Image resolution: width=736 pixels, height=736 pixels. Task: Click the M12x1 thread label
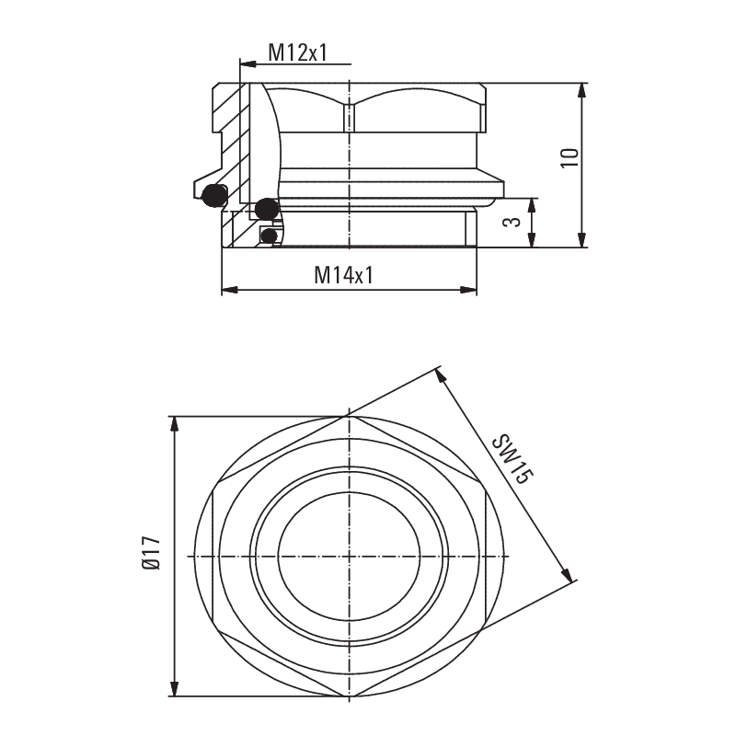297,52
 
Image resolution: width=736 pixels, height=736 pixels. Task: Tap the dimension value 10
570,156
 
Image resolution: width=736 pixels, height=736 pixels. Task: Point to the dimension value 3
515,223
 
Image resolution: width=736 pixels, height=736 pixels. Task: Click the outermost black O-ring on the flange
213,195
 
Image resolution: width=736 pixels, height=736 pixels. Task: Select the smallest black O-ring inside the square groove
269,236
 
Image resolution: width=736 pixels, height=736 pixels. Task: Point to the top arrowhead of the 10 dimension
581,90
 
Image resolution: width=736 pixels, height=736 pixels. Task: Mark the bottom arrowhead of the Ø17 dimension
175,689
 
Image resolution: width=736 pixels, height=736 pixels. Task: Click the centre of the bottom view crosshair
350,556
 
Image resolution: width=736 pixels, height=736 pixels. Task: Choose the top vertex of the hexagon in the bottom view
350,416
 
